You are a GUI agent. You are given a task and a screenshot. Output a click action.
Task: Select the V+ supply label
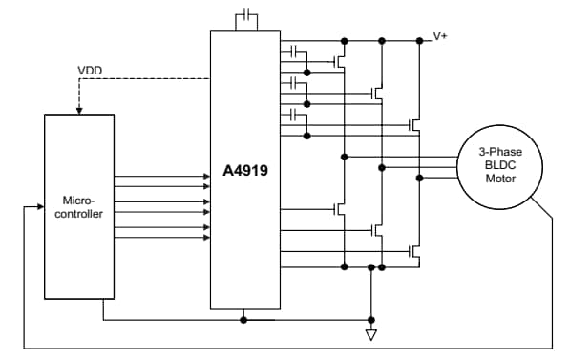pyautogui.click(x=440, y=35)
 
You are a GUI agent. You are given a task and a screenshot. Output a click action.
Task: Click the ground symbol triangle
pyautogui.click(x=371, y=335)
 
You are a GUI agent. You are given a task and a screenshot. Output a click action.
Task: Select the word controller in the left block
pyautogui.click(x=78, y=214)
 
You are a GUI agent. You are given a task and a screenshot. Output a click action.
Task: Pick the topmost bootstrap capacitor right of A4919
pyautogui.click(x=295, y=51)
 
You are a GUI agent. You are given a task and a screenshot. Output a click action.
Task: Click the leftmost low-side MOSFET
pyautogui.click(x=339, y=208)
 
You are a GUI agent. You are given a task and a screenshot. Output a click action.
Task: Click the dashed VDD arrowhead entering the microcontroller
pyautogui.click(x=79, y=111)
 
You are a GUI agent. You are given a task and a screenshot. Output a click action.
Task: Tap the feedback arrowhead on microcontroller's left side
pyautogui.click(x=41, y=205)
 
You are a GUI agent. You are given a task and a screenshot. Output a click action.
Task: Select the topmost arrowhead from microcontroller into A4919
pyautogui.click(x=205, y=177)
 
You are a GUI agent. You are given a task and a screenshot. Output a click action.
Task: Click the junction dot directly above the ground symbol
pyautogui.click(x=371, y=320)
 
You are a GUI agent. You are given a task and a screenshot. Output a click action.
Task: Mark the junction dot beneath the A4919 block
pyautogui.click(x=245, y=320)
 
